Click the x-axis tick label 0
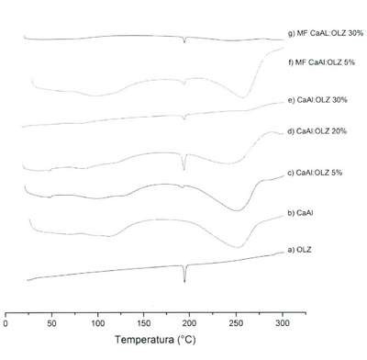tap(6, 323)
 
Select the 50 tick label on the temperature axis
tap(51, 323)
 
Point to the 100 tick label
tap(98, 323)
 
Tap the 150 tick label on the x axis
tap(144, 323)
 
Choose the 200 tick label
tap(190, 323)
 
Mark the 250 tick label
tap(236, 323)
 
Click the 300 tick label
tap(283, 323)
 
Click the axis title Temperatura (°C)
tap(155, 340)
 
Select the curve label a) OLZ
tap(299, 250)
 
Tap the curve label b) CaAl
tap(300, 213)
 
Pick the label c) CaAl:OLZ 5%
tap(315, 173)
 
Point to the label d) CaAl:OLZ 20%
tap(317, 131)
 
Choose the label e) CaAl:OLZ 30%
tap(317, 100)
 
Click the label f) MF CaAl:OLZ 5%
tap(321, 62)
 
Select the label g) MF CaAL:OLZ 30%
tap(326, 33)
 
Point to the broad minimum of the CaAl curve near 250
tap(238, 247)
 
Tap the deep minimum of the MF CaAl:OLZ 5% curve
tap(243, 97)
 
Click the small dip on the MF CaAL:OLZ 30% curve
tap(184, 42)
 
